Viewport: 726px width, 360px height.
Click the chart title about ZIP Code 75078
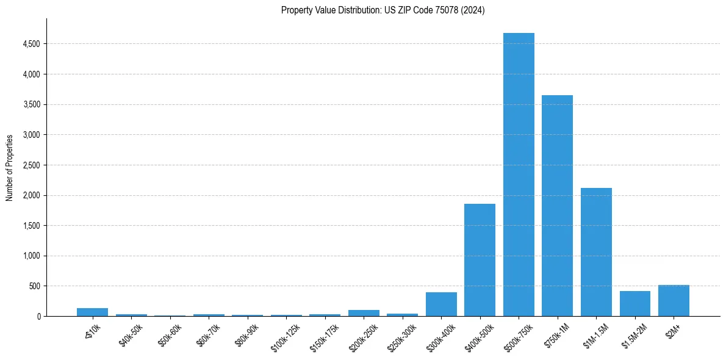coord(383,10)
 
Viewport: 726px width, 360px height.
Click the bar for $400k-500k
coord(480,260)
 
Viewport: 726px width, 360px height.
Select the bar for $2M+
coord(674,301)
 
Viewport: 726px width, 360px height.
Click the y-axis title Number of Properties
coord(10,168)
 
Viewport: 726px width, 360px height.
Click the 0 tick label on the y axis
coord(38,316)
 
